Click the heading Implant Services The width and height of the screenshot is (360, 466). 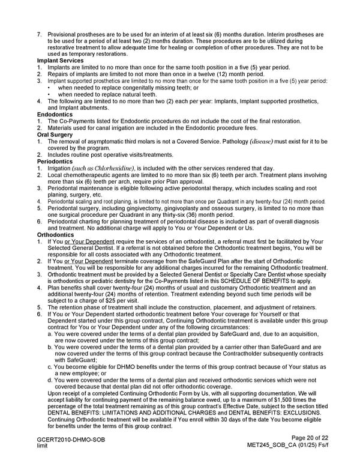[60, 61]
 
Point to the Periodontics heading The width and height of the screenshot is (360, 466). [55, 161]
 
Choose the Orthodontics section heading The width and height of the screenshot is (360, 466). [56, 234]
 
